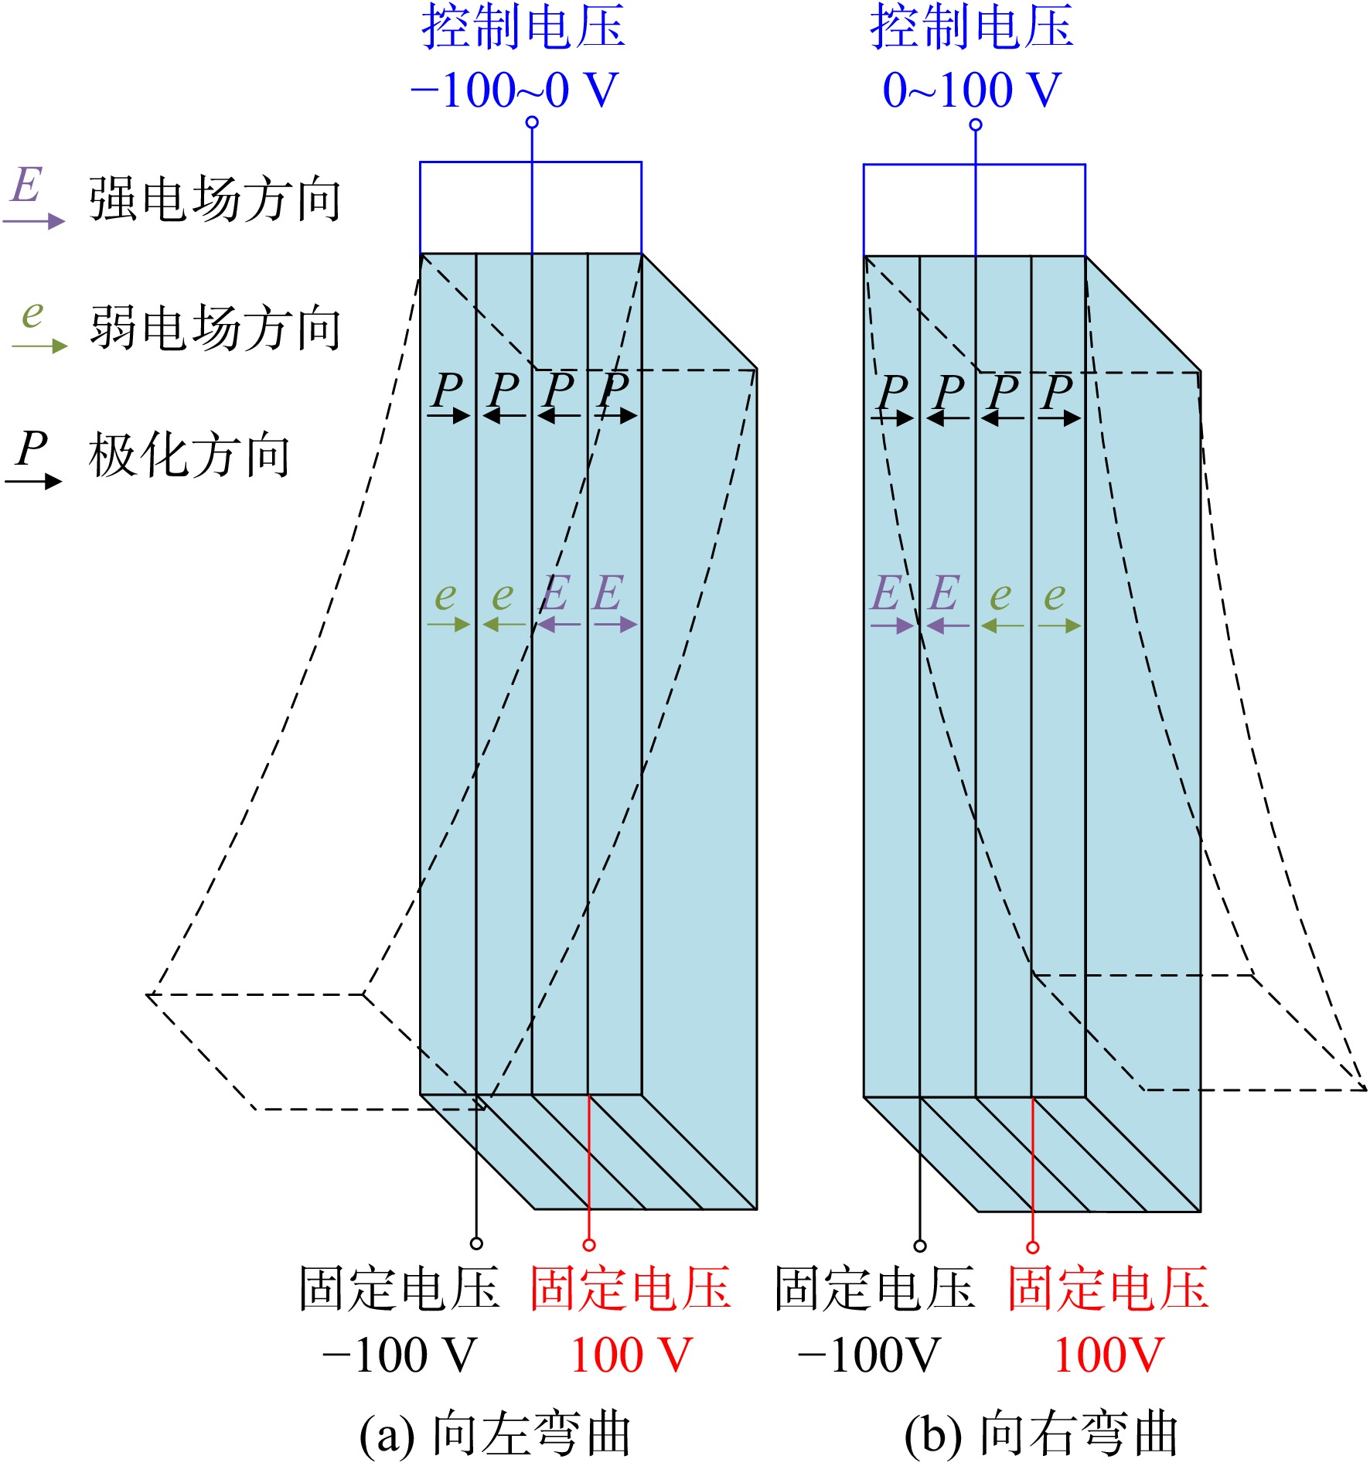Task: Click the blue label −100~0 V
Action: point(515,90)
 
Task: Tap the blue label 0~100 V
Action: point(972,90)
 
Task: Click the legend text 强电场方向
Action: point(215,199)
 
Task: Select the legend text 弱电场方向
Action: point(215,328)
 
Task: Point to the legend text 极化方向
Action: point(189,455)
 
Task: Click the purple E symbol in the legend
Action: point(27,186)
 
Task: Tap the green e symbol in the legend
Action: point(32,314)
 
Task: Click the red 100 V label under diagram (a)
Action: point(631,1355)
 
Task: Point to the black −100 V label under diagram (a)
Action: point(399,1355)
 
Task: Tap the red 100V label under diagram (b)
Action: point(1109,1355)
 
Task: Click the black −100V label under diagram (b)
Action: point(869,1355)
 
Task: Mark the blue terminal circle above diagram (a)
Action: point(532,122)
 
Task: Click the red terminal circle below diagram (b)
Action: point(1032,1247)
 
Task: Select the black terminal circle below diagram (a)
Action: point(476,1243)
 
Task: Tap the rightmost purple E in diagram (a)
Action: point(608,593)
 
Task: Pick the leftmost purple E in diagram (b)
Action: point(886,593)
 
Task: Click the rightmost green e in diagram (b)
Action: point(1055,596)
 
